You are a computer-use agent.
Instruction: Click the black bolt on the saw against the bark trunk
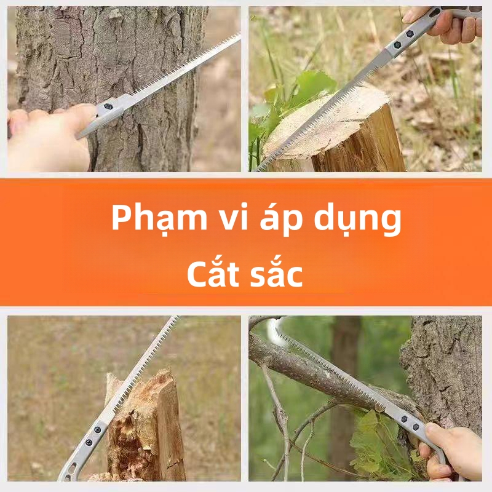pos(108,106)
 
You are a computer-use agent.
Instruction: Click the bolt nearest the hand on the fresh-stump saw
pos(409,34)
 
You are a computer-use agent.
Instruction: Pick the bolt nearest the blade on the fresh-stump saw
pos(397,45)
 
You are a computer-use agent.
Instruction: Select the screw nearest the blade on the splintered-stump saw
pos(98,430)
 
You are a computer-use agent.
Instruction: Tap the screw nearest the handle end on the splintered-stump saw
pos(89,442)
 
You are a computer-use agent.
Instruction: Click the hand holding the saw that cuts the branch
pos(452,452)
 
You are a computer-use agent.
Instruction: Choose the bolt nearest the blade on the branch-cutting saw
pos(405,419)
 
